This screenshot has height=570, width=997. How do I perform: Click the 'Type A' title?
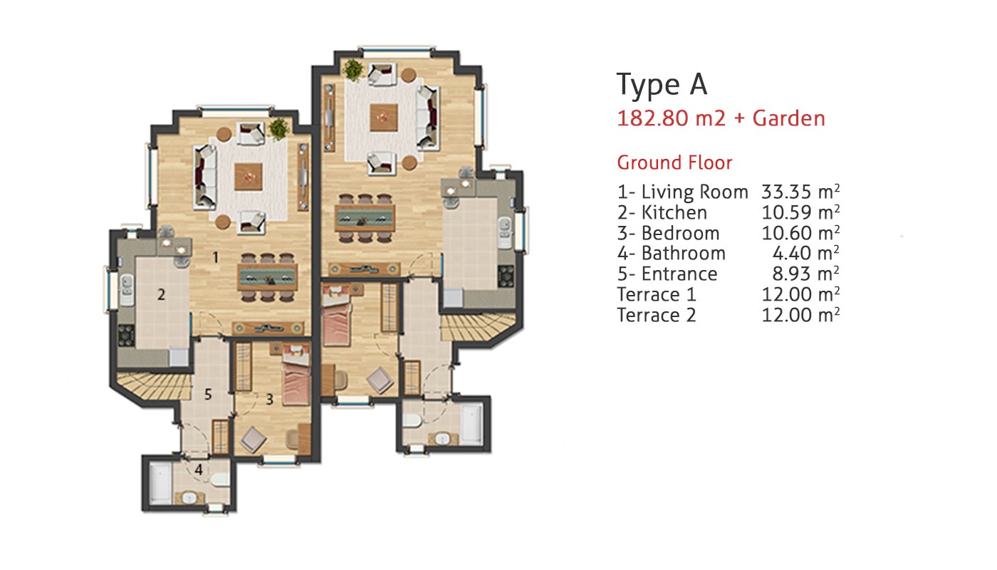(662, 85)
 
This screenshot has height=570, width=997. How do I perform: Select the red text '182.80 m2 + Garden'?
(721, 119)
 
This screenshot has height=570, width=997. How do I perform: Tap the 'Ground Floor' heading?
(674, 162)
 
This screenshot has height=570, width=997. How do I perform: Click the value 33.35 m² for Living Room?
(800, 192)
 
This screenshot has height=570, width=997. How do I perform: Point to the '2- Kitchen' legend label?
(662, 212)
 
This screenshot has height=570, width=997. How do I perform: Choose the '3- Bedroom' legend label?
(668, 234)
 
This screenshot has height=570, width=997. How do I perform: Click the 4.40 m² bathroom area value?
(805, 254)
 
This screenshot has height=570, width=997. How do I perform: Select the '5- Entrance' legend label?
(667, 274)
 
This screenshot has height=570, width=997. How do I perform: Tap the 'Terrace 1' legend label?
(656, 294)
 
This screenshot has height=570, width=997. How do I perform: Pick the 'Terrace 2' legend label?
(656, 315)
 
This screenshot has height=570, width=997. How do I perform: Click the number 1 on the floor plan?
(216, 257)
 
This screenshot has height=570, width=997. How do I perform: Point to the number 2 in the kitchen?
(161, 294)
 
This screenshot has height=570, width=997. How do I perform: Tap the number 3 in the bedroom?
(269, 400)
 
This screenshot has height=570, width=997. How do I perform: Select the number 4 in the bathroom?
(199, 470)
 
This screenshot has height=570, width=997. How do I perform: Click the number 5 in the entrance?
(208, 394)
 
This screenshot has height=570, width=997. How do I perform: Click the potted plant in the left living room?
(279, 129)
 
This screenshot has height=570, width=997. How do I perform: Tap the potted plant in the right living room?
(353, 70)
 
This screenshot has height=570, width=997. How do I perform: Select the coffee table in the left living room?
(249, 177)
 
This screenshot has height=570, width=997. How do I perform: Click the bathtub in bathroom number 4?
(160, 483)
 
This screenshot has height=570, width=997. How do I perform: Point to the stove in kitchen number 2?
(127, 336)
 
